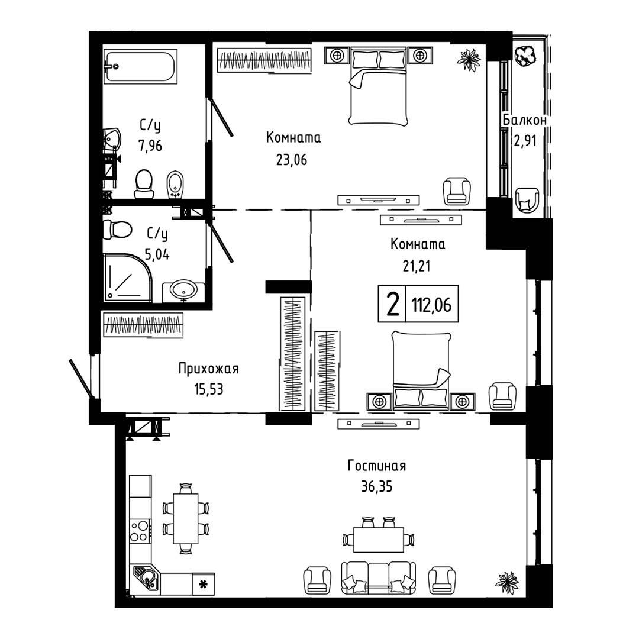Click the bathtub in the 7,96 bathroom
tap(141, 66)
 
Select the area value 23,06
tap(292, 160)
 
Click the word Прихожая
tap(209, 369)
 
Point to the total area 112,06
tap(431, 305)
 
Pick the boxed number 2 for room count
tap(392, 305)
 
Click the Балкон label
tap(524, 120)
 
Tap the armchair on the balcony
tap(527, 200)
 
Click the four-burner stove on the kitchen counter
tap(140, 531)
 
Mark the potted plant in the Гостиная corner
tap(507, 582)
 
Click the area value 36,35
tap(377, 486)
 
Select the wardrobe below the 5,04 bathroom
tap(143, 325)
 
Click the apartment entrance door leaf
tap(82, 378)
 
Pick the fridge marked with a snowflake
tap(203, 584)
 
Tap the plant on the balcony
tap(524, 55)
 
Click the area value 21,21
tap(417, 266)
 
